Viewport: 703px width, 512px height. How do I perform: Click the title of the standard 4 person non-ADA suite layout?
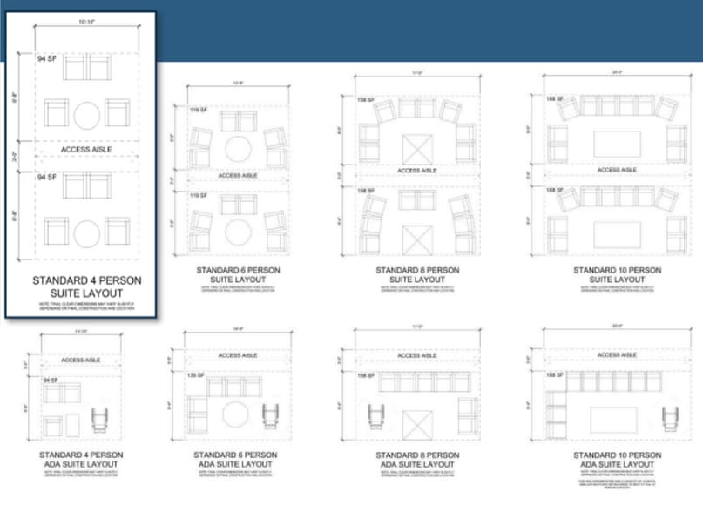86,287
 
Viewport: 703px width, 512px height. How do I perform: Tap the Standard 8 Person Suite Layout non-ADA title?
417,275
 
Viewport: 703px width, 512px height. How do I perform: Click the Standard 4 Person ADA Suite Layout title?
81,460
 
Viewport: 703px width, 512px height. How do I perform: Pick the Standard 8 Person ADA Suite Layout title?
417,460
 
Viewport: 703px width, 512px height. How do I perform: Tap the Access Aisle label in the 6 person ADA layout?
237,355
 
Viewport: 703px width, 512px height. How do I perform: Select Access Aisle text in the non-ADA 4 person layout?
86,150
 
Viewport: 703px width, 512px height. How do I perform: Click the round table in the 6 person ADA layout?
236,414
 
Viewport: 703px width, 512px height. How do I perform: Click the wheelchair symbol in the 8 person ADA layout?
376,416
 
